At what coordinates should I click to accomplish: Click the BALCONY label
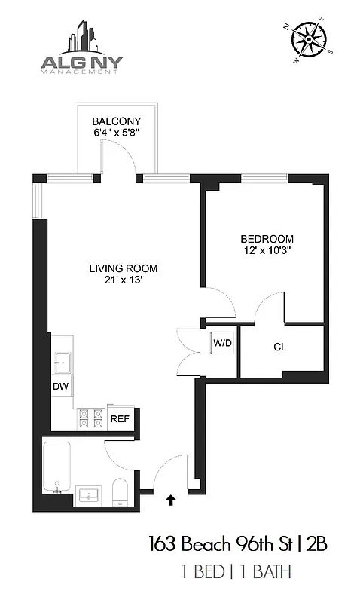(x=116, y=121)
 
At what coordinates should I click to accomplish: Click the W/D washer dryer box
(x=221, y=343)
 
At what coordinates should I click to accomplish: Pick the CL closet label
(x=280, y=347)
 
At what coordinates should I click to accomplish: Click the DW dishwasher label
(x=60, y=386)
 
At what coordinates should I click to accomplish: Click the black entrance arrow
(x=171, y=497)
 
